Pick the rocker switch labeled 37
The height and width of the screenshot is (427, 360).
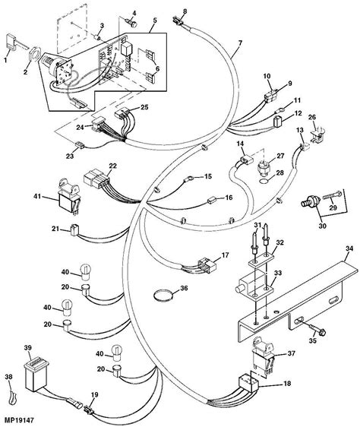point(264,355)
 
